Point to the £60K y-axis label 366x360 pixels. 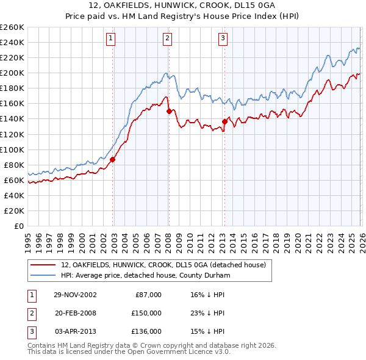pos(13,180)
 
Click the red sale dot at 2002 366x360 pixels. pos(113,160)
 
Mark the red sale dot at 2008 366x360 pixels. pos(169,111)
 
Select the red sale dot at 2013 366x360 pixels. pos(224,121)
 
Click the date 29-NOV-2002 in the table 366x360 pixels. pos(75,294)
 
